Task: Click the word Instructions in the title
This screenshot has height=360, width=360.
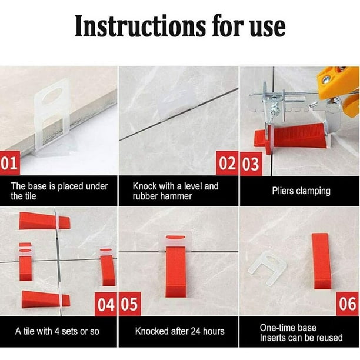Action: (x=140, y=26)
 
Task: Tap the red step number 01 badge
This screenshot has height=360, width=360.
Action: (x=9, y=163)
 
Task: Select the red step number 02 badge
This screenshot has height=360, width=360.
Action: (x=227, y=163)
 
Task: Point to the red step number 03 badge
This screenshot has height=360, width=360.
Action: (x=251, y=164)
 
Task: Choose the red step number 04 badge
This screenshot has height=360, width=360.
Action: (x=106, y=304)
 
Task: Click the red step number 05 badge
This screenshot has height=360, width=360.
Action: (x=130, y=304)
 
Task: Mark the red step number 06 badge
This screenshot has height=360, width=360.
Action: (x=348, y=304)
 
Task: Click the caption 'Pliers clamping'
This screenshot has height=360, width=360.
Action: (x=301, y=191)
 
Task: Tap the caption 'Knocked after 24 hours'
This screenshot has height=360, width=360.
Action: (x=180, y=331)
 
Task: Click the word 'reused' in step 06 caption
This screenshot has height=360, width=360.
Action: (x=329, y=338)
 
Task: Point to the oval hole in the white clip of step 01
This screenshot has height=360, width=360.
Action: (x=53, y=95)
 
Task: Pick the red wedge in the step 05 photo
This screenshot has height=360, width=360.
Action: (x=176, y=272)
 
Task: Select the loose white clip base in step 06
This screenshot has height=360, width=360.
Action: (x=268, y=266)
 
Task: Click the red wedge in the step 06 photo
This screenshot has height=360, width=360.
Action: (x=321, y=261)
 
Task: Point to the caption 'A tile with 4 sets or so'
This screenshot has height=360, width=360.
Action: (x=57, y=331)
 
